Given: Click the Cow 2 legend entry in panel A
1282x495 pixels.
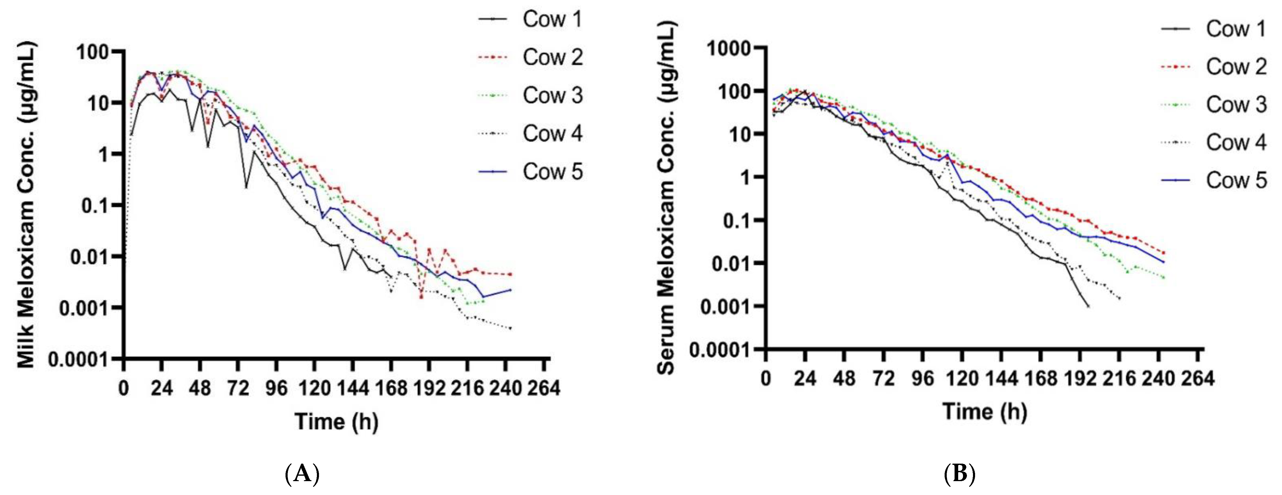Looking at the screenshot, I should [551, 57].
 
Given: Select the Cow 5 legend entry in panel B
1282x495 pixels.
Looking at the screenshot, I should [1236, 180].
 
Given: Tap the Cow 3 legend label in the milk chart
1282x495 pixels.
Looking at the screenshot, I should [551, 95].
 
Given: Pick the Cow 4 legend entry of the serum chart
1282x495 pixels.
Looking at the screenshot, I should [1236, 142].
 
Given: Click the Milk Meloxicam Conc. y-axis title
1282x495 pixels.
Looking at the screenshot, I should [26, 205].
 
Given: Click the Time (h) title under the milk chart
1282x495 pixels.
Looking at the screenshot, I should [336, 422].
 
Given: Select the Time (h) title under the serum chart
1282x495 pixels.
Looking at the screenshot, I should [984, 412].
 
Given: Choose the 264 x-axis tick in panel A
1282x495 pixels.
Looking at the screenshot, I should [544, 388].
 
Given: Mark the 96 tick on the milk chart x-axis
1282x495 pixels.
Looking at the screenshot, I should [276, 388].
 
